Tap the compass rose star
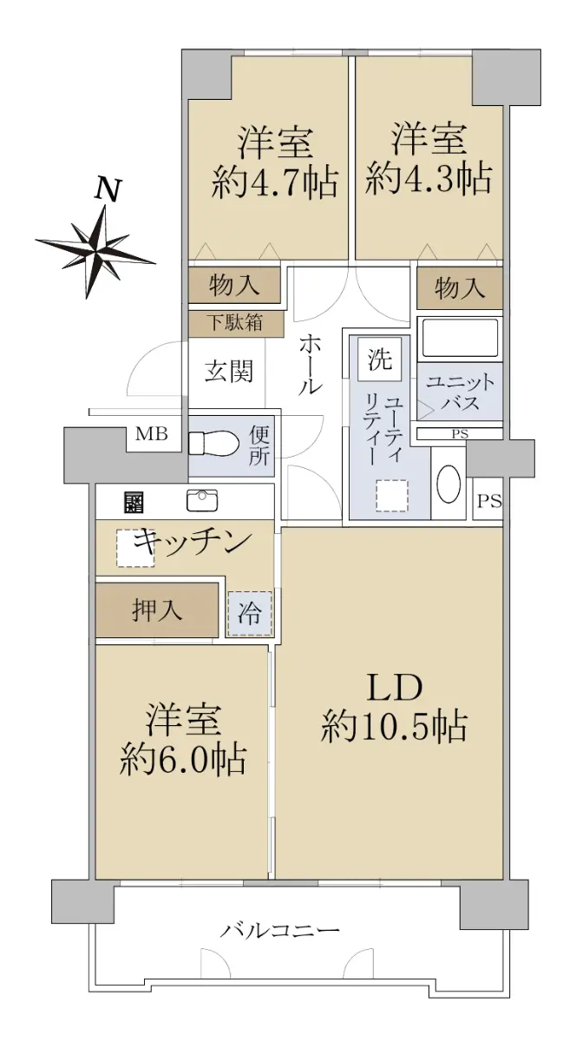(96, 252)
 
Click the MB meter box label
(152, 434)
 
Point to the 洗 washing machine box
(379, 359)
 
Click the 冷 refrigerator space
(249, 613)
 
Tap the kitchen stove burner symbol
(134, 502)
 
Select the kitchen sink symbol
(203, 500)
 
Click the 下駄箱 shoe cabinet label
(235, 322)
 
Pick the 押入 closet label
(157, 610)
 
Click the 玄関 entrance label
(229, 372)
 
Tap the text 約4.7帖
(275, 181)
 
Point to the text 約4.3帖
(429, 178)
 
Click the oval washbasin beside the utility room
(448, 485)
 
